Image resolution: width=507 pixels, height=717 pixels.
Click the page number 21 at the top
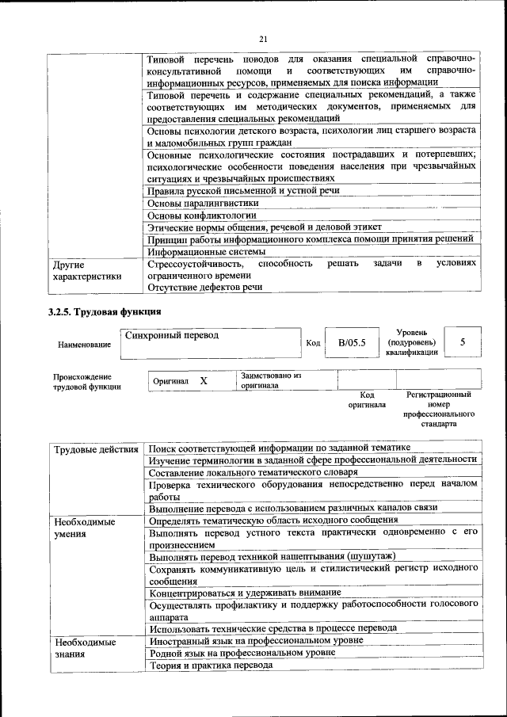[x=263, y=39]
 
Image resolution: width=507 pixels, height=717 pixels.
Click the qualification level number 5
[x=463, y=341]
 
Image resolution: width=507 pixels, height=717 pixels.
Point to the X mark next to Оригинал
[x=204, y=381]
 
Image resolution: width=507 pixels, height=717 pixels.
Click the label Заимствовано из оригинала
[x=270, y=380]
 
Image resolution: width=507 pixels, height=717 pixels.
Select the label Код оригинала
[x=367, y=399]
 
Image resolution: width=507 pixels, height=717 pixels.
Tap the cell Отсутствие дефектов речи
[x=205, y=287]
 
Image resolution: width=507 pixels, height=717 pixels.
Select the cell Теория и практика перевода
[x=211, y=665]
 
